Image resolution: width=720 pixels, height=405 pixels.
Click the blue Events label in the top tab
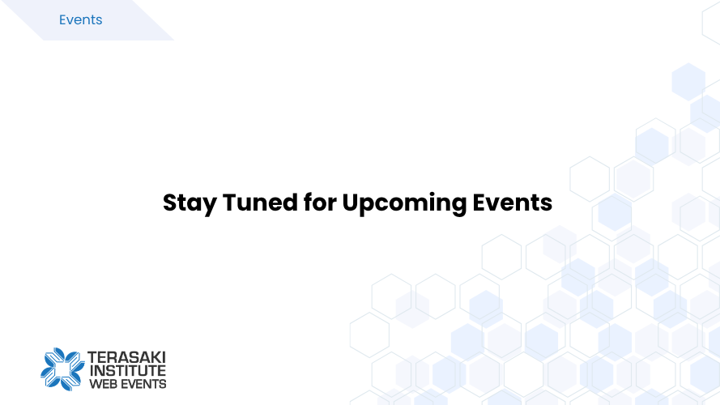coord(80,19)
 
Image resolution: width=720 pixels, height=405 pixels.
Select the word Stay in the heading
coord(190,203)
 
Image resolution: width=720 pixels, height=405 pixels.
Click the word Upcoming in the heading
coord(404,203)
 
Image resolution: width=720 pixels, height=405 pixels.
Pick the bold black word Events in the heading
coord(513,202)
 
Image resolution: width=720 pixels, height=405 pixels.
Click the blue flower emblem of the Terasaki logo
coord(62,369)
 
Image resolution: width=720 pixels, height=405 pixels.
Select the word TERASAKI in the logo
coord(126,357)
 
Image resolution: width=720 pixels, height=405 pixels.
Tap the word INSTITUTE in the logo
coord(128,370)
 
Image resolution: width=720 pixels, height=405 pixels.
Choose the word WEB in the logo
coord(103,384)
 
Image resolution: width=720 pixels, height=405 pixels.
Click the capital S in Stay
coord(170,202)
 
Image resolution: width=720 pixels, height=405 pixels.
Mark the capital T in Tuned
coord(231,202)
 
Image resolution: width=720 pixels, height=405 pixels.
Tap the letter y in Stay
coord(210,207)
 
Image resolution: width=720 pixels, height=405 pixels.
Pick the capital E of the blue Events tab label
coord(63,19)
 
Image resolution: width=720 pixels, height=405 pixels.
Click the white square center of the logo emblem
coord(63,369)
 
